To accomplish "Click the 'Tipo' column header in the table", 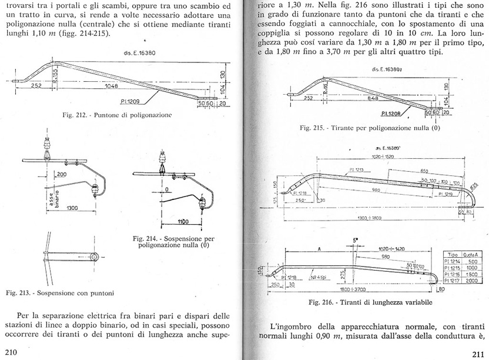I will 453,254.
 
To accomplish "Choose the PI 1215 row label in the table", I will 453,268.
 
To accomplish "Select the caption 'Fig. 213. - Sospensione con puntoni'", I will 59,292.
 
